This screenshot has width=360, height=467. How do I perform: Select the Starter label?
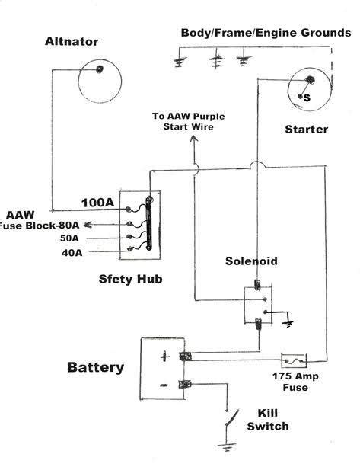click(x=306, y=129)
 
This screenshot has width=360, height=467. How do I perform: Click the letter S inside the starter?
click(x=307, y=98)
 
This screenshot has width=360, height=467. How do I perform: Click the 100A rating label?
click(x=97, y=203)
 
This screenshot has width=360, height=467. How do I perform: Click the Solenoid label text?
click(x=251, y=261)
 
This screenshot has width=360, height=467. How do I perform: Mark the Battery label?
click(x=95, y=367)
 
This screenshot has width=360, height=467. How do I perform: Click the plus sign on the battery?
click(x=162, y=356)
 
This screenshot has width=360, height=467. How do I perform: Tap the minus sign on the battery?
click(x=163, y=385)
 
